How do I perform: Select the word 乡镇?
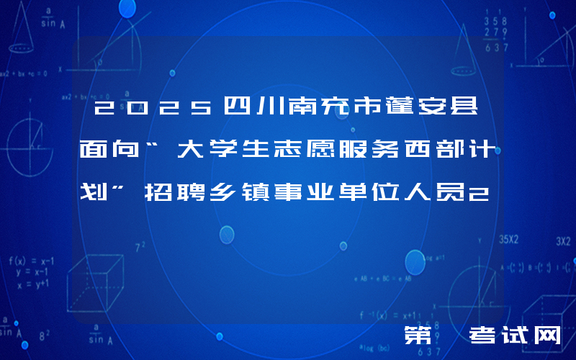[x=243, y=192]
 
